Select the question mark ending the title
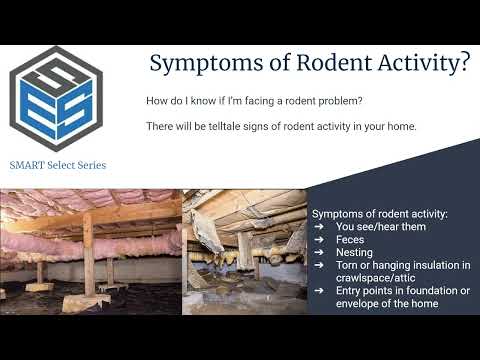click(x=462, y=64)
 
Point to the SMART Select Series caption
click(x=57, y=164)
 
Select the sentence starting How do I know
click(x=255, y=100)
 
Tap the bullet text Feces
click(x=350, y=240)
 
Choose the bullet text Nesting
click(x=354, y=252)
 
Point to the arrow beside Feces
click(x=319, y=240)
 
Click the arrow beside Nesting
click(x=319, y=252)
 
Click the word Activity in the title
click(x=410, y=64)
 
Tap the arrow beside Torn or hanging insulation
click(x=319, y=265)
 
